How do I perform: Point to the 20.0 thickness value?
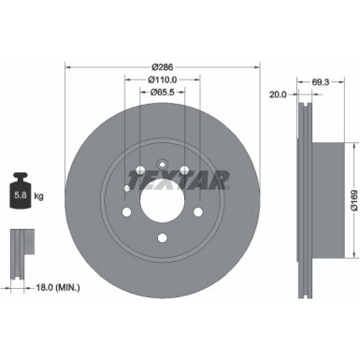coord(278,94)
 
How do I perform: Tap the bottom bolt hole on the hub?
coord(162,238)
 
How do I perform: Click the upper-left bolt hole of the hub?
coord(138,171)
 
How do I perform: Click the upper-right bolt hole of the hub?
coord(185,171)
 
